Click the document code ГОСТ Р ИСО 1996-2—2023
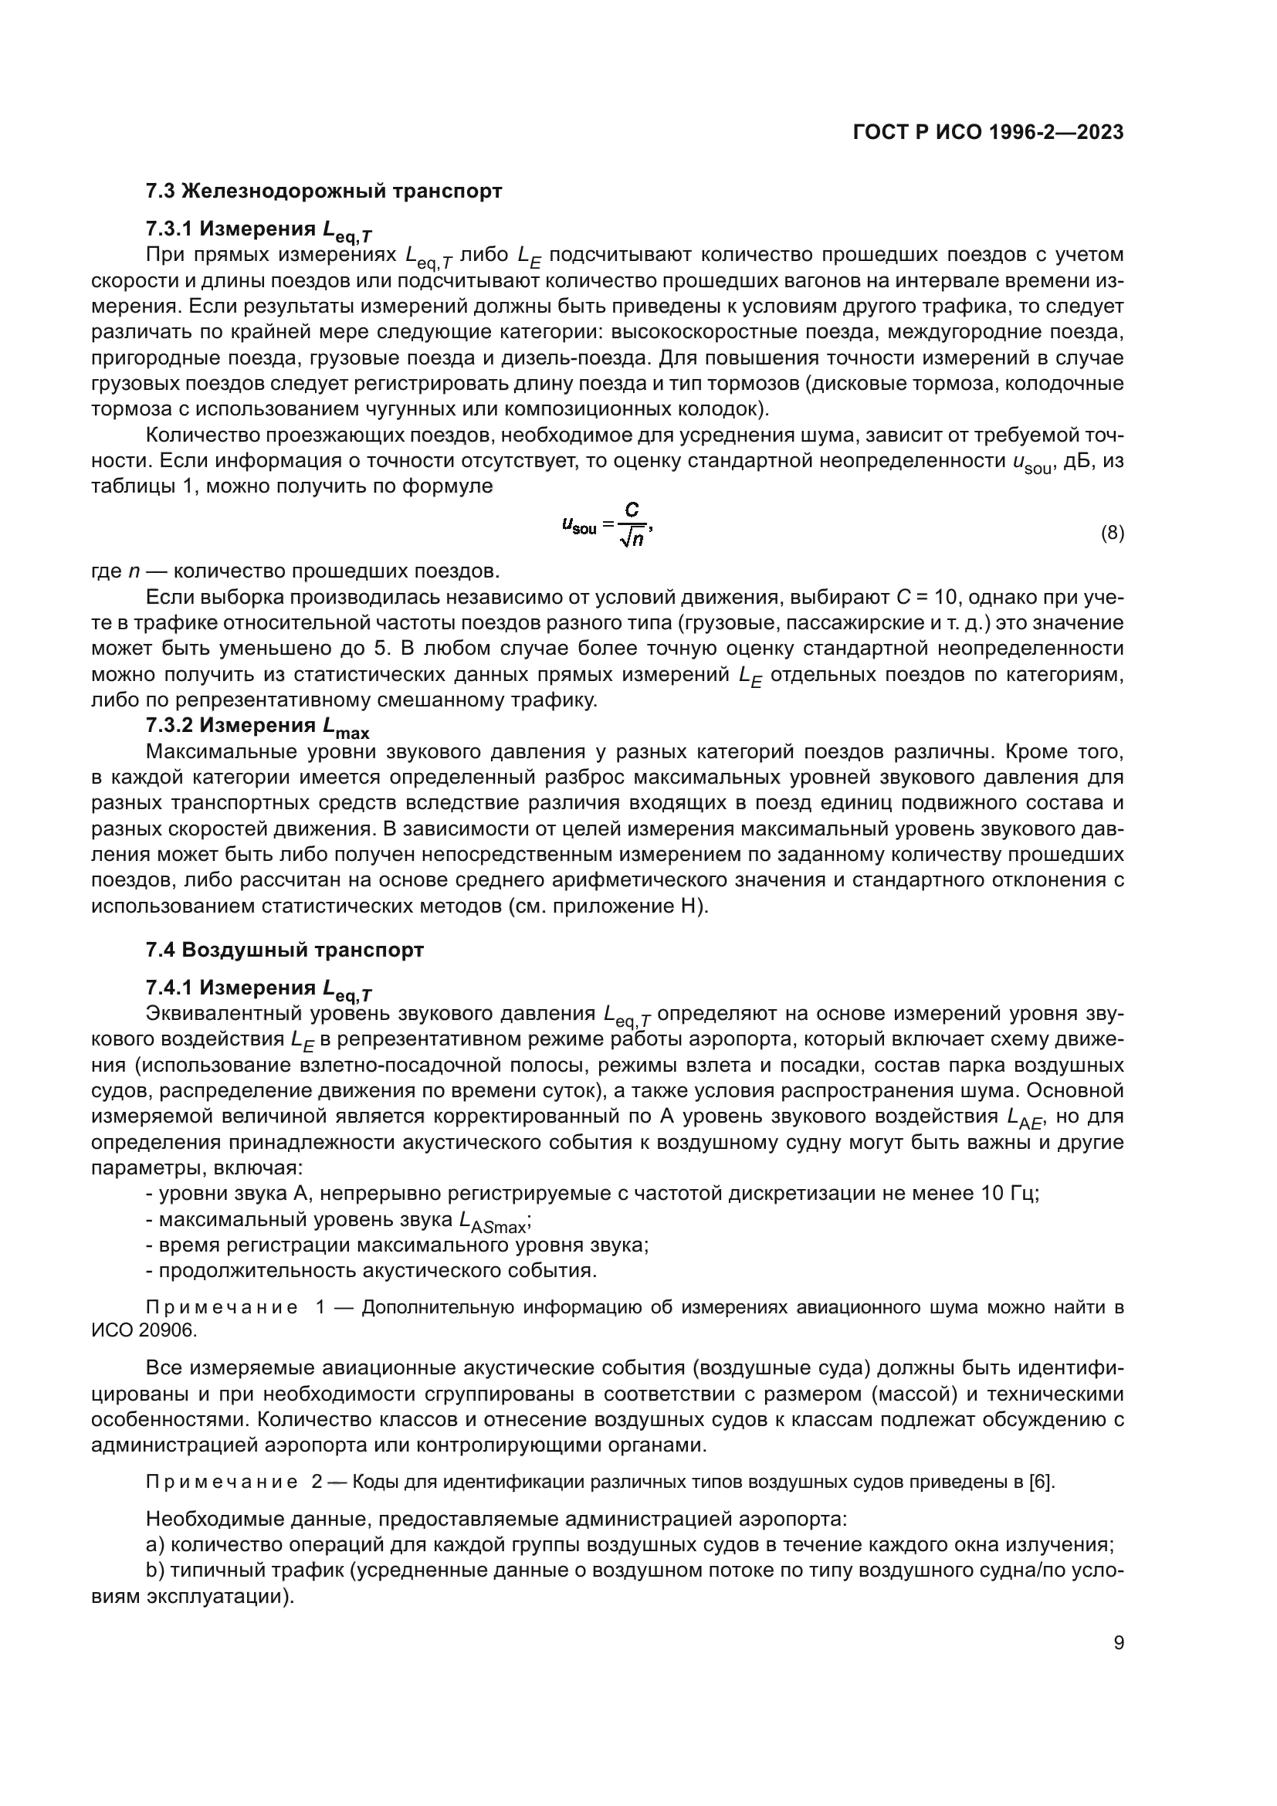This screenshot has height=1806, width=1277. (987, 132)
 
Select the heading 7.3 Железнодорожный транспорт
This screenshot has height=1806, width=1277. (323, 191)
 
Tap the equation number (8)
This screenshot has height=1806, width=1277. (1112, 534)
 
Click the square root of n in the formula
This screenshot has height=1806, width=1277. (632, 539)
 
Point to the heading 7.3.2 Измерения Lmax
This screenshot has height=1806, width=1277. (257, 726)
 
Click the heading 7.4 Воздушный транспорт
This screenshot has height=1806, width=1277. (285, 950)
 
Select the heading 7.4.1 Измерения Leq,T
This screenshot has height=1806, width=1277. (259, 989)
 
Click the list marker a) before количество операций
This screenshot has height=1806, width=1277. (154, 1545)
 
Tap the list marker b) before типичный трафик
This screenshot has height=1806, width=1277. (154, 1571)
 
